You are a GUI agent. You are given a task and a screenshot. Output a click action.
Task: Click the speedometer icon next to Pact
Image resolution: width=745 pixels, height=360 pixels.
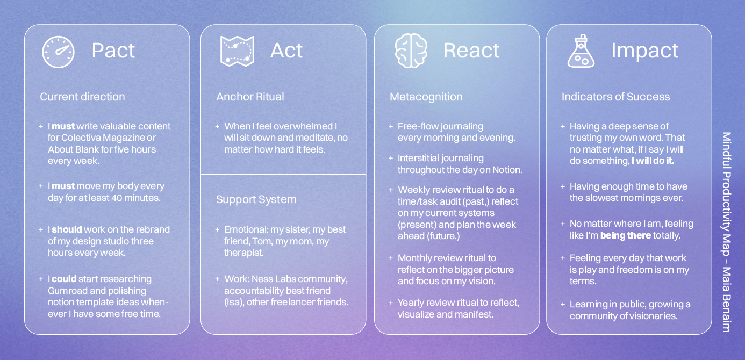tap(58, 52)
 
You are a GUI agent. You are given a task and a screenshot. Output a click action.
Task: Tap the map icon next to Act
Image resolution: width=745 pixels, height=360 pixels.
tap(237, 52)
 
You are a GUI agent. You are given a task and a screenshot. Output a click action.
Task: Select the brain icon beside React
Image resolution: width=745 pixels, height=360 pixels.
tap(411, 51)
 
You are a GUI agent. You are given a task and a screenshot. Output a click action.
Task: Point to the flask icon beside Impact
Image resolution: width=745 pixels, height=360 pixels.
tap(581, 52)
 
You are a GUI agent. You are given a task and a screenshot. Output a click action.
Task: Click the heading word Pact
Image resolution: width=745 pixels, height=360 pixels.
tap(113, 51)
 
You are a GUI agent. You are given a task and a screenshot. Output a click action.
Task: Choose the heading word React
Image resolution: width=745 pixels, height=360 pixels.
tap(471, 51)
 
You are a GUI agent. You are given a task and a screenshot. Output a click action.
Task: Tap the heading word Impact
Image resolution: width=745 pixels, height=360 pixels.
tap(644, 51)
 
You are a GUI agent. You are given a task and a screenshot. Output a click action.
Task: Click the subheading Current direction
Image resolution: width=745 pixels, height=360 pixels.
tap(82, 97)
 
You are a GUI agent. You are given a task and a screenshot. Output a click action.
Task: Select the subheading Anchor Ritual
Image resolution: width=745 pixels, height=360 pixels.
tap(250, 97)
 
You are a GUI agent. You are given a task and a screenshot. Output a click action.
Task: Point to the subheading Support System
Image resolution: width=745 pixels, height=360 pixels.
tap(256, 199)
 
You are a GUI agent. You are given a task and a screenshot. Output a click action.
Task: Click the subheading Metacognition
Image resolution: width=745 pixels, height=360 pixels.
tap(426, 97)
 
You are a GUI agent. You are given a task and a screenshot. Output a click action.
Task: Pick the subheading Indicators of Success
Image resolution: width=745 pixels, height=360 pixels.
tap(615, 97)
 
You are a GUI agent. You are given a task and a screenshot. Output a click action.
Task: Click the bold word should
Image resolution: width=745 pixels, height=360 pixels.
tap(67, 229)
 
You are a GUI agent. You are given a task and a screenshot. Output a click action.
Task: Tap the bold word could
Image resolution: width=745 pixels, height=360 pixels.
tap(64, 279)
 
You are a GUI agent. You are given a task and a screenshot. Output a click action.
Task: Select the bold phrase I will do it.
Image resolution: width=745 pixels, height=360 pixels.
tap(653, 161)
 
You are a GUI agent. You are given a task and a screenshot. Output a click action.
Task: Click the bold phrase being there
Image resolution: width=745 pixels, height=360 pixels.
tap(625, 235)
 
